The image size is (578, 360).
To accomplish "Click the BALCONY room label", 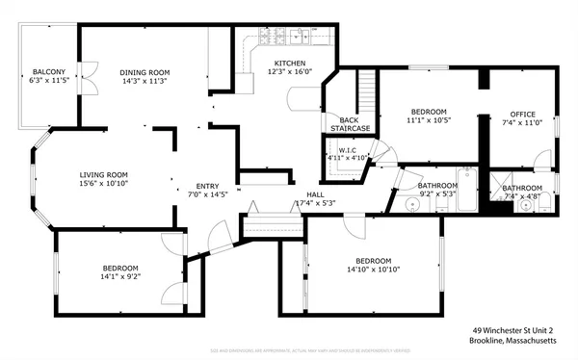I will (x=49, y=72).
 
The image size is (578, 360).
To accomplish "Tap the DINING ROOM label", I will (x=144, y=72).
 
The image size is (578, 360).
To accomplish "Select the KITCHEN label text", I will (x=285, y=63).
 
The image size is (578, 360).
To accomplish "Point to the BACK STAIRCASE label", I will (x=350, y=123).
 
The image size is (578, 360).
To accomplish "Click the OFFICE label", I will (x=522, y=114).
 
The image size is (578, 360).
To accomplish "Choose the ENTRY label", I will (x=207, y=186).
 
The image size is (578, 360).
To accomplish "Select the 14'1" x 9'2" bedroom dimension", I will (x=120, y=276).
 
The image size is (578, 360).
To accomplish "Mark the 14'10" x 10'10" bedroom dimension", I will (x=373, y=270).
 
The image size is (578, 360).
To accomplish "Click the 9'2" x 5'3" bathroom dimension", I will (x=436, y=193).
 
